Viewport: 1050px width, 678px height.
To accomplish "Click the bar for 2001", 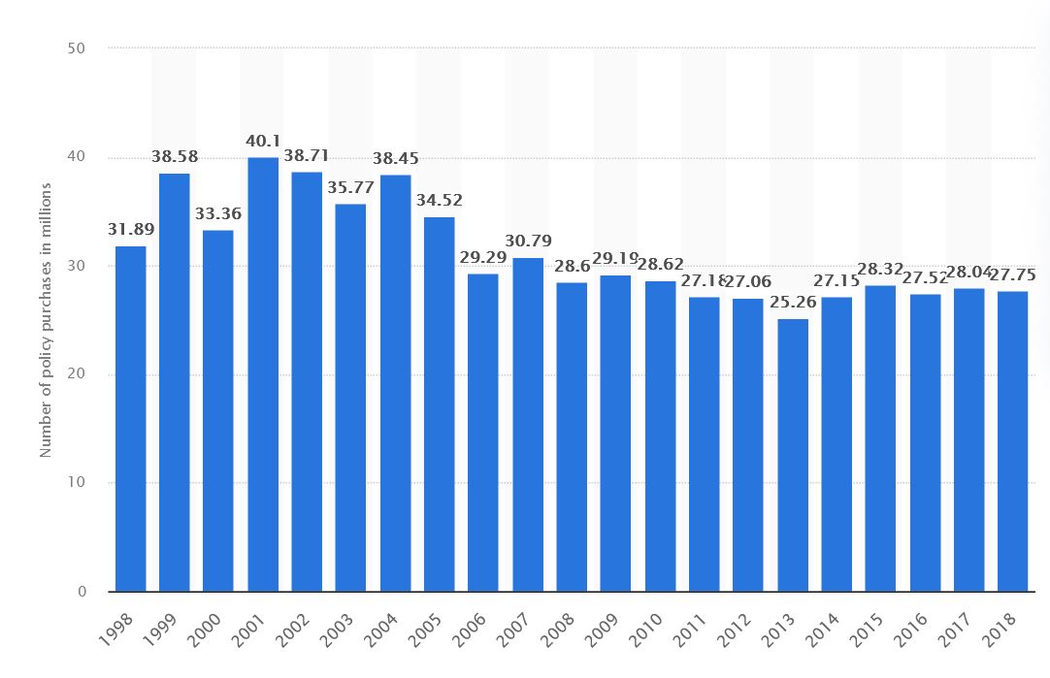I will click(263, 374).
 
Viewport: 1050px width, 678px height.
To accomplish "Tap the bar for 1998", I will click(131, 419).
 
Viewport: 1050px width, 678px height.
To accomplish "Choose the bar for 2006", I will click(483, 433).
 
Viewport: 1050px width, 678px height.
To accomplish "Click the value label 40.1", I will click(263, 143).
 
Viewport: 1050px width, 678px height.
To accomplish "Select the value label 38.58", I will click(176, 156).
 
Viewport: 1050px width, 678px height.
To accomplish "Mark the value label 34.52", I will click(440, 201).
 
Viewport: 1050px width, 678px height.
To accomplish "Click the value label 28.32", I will click(881, 269).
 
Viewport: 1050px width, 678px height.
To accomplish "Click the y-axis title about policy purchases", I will click(46, 320).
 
